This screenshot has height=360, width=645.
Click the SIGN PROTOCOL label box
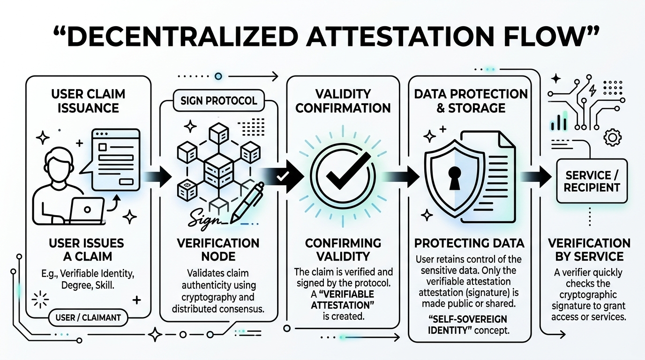click(218, 101)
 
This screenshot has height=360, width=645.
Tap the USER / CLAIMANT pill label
click(88, 317)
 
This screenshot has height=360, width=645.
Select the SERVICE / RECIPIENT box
click(592, 181)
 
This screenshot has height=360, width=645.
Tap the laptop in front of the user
click(88, 209)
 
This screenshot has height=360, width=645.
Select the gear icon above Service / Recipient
click(613, 137)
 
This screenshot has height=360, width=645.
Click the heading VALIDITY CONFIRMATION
click(343, 101)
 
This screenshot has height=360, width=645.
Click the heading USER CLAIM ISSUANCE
click(88, 101)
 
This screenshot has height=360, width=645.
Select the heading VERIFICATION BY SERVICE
click(589, 250)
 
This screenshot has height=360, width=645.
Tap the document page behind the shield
click(499, 155)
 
